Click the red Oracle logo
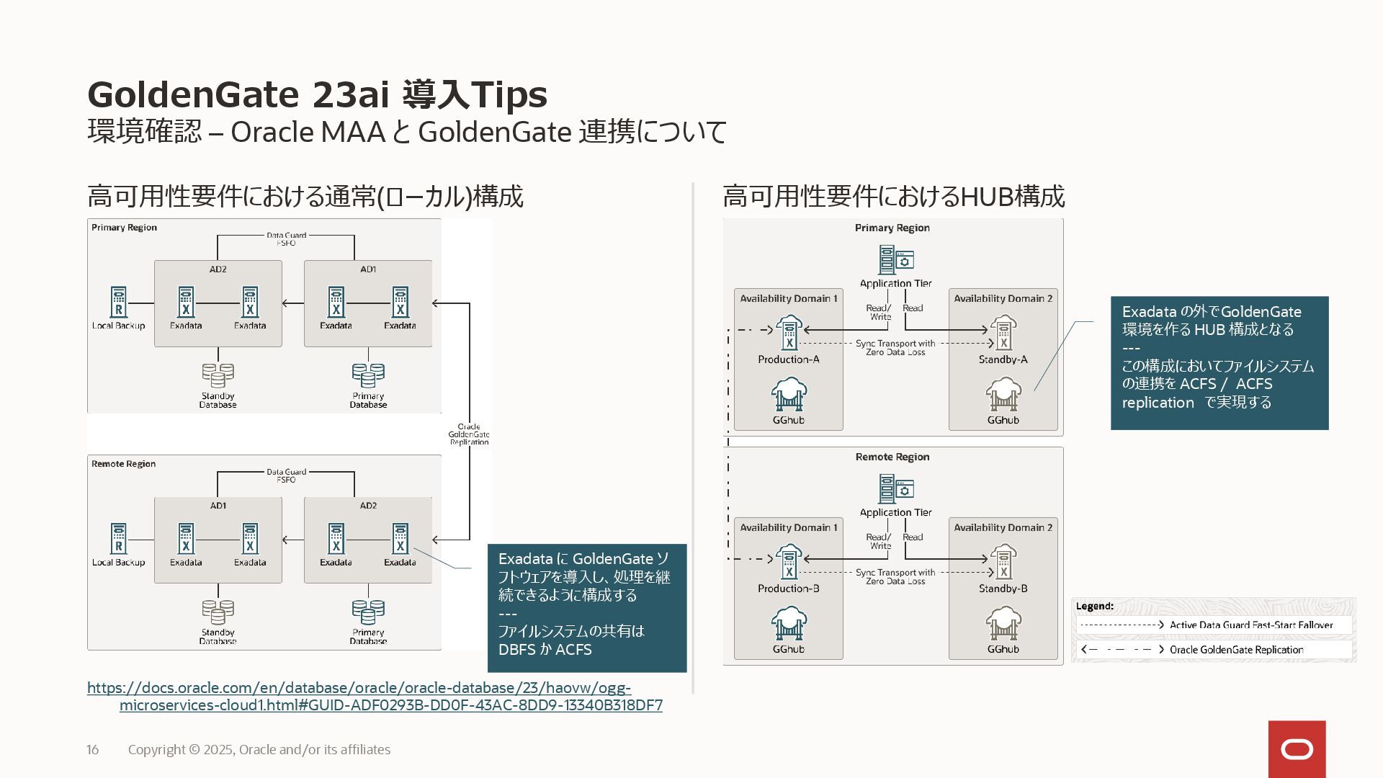pyautogui.click(x=1297, y=749)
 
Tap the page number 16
pyautogui.click(x=93, y=750)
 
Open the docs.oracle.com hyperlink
pyautogui.click(x=375, y=697)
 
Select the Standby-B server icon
pyautogui.click(x=1003, y=563)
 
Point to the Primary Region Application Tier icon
pyautogui.click(x=895, y=260)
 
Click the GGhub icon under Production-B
pyautogui.click(x=789, y=624)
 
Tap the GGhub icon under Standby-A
pyautogui.click(x=1003, y=395)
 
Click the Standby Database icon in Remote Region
pyautogui.click(x=218, y=612)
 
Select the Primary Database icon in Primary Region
pyautogui.click(x=368, y=375)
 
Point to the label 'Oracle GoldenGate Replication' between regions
pyautogui.click(x=469, y=434)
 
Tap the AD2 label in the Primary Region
pyautogui.click(x=218, y=269)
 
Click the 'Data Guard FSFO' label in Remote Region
pyautogui.click(x=286, y=476)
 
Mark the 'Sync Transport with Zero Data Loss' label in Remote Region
pyautogui.click(x=895, y=577)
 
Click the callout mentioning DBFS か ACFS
pyautogui.click(x=587, y=608)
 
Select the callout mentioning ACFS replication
pyautogui.click(x=1219, y=363)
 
